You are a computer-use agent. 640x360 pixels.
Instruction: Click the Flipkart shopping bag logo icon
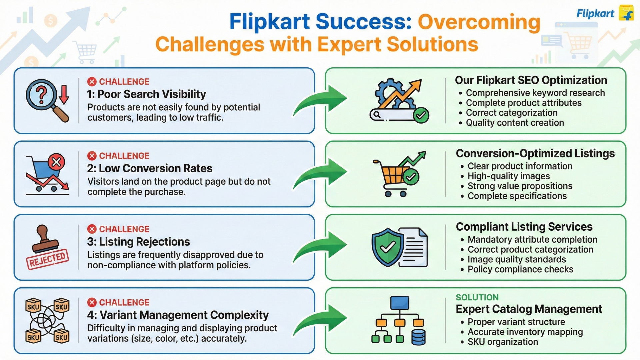tap(626, 13)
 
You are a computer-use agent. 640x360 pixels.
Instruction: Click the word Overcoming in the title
tap(479, 22)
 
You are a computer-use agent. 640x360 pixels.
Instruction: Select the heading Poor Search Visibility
tap(146, 94)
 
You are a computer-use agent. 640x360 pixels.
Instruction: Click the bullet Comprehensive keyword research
tap(535, 93)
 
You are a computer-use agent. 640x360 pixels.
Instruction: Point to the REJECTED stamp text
tap(47, 259)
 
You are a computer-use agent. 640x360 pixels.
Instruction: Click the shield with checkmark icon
tap(388, 247)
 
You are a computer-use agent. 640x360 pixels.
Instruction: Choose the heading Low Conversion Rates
tap(150, 168)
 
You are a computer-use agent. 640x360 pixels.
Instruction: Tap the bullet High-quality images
tap(508, 176)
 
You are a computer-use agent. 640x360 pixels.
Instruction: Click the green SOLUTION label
tap(477, 297)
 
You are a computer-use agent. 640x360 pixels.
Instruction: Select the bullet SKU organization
tap(502, 342)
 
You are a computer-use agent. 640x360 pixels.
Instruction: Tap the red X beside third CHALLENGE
tap(92, 229)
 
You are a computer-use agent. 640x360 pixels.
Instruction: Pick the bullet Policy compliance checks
tap(520, 269)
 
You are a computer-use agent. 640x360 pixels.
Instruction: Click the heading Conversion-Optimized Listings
tap(535, 153)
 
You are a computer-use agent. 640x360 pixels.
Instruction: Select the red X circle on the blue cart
tap(56, 162)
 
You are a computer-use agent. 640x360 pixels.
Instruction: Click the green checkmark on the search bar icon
tap(421, 115)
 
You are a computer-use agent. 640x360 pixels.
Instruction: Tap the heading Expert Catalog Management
tap(529, 309)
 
